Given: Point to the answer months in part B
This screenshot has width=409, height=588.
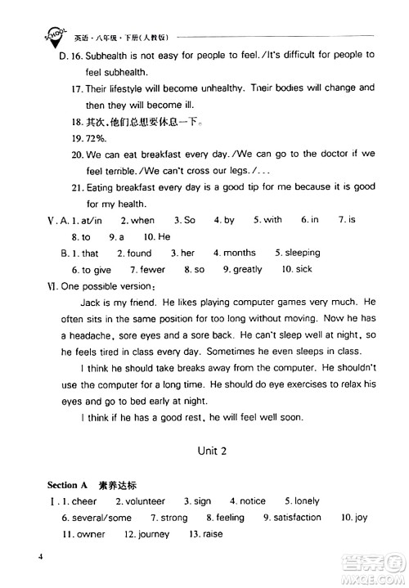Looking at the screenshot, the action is (x=239, y=253).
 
